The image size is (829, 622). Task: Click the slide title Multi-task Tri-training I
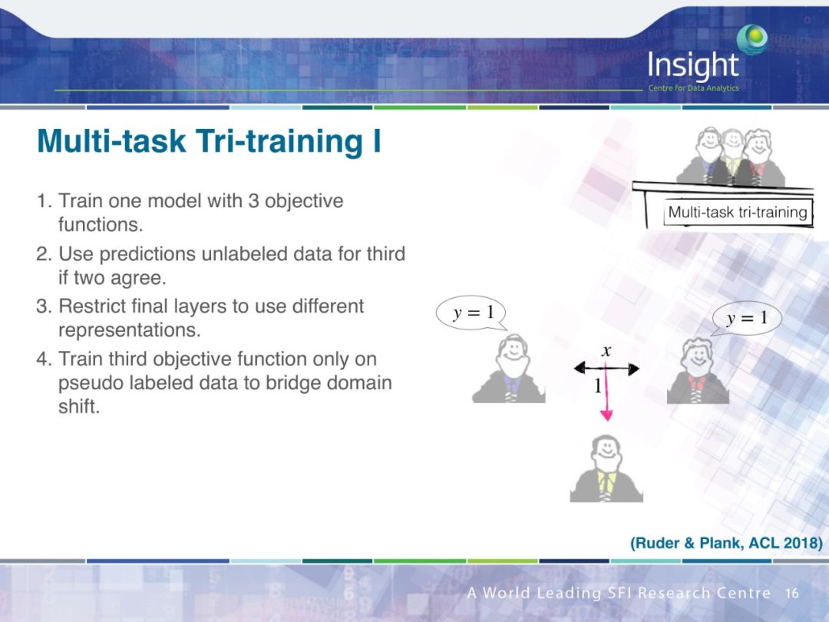click(209, 141)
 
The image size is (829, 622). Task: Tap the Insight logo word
click(692, 65)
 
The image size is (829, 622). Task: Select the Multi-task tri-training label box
click(738, 212)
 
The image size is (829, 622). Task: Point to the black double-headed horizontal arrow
click(606, 368)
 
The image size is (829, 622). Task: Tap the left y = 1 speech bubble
click(471, 313)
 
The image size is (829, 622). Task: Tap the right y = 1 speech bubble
click(746, 318)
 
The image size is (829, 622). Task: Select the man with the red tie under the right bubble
click(698, 371)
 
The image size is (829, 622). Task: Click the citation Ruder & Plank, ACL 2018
click(726, 543)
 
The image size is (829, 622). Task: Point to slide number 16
click(791, 594)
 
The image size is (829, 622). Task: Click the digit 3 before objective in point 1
click(253, 201)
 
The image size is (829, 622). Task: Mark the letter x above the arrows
click(606, 351)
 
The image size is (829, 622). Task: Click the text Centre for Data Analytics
click(693, 88)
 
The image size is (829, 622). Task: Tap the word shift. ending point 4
click(79, 406)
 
